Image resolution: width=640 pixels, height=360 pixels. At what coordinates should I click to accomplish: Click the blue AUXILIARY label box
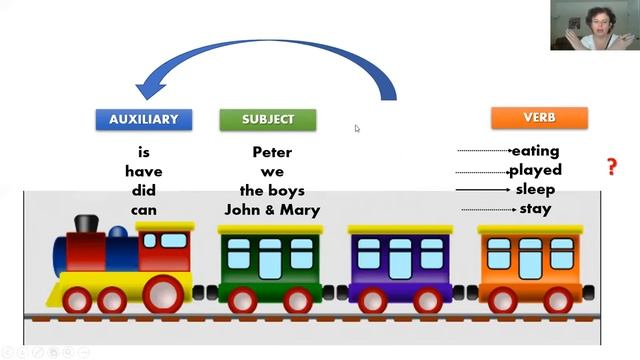pos(144,120)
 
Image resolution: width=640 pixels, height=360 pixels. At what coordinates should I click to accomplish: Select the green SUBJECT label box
pos(268,120)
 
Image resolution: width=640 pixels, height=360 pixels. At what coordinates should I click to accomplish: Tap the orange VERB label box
pos(539,118)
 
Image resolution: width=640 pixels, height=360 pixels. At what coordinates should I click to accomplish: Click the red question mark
pos(611,167)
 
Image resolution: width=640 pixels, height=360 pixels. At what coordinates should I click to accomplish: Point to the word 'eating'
pos(536,151)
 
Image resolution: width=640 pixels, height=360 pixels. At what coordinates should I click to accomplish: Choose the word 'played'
pos(536,170)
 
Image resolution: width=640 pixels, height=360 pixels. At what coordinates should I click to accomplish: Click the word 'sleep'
pos(536,190)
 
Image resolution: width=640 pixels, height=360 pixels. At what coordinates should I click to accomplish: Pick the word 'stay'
pos(536,209)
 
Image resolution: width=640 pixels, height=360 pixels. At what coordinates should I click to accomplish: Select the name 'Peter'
pos(272,152)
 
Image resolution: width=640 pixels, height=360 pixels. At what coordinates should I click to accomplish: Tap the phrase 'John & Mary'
pos(272,210)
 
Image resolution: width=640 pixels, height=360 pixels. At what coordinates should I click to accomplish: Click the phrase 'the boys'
pos(272,191)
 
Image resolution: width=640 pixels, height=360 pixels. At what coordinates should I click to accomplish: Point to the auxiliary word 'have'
pos(144,171)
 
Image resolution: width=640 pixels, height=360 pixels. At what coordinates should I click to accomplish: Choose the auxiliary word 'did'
pos(144,191)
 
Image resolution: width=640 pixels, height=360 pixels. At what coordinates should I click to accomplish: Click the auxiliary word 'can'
pos(144,211)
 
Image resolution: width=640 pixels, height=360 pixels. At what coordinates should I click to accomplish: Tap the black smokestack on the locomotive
pos(87,224)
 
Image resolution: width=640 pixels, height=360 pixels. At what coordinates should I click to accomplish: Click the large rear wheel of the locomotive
pos(162,294)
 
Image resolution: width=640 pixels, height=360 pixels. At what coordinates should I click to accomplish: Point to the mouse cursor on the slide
pos(357,129)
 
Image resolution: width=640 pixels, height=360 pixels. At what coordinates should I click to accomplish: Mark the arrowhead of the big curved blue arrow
pos(150,87)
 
